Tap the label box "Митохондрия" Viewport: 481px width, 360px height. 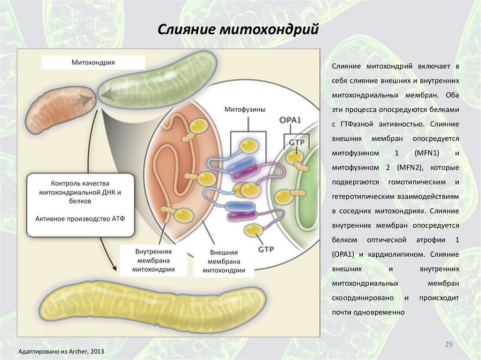[x=93, y=62]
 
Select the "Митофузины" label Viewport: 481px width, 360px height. [x=245, y=109]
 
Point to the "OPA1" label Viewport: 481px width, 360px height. [x=289, y=120]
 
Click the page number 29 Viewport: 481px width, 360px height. [x=449, y=345]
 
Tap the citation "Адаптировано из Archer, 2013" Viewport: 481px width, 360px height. [x=61, y=352]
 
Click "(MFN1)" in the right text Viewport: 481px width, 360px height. [x=425, y=153]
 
